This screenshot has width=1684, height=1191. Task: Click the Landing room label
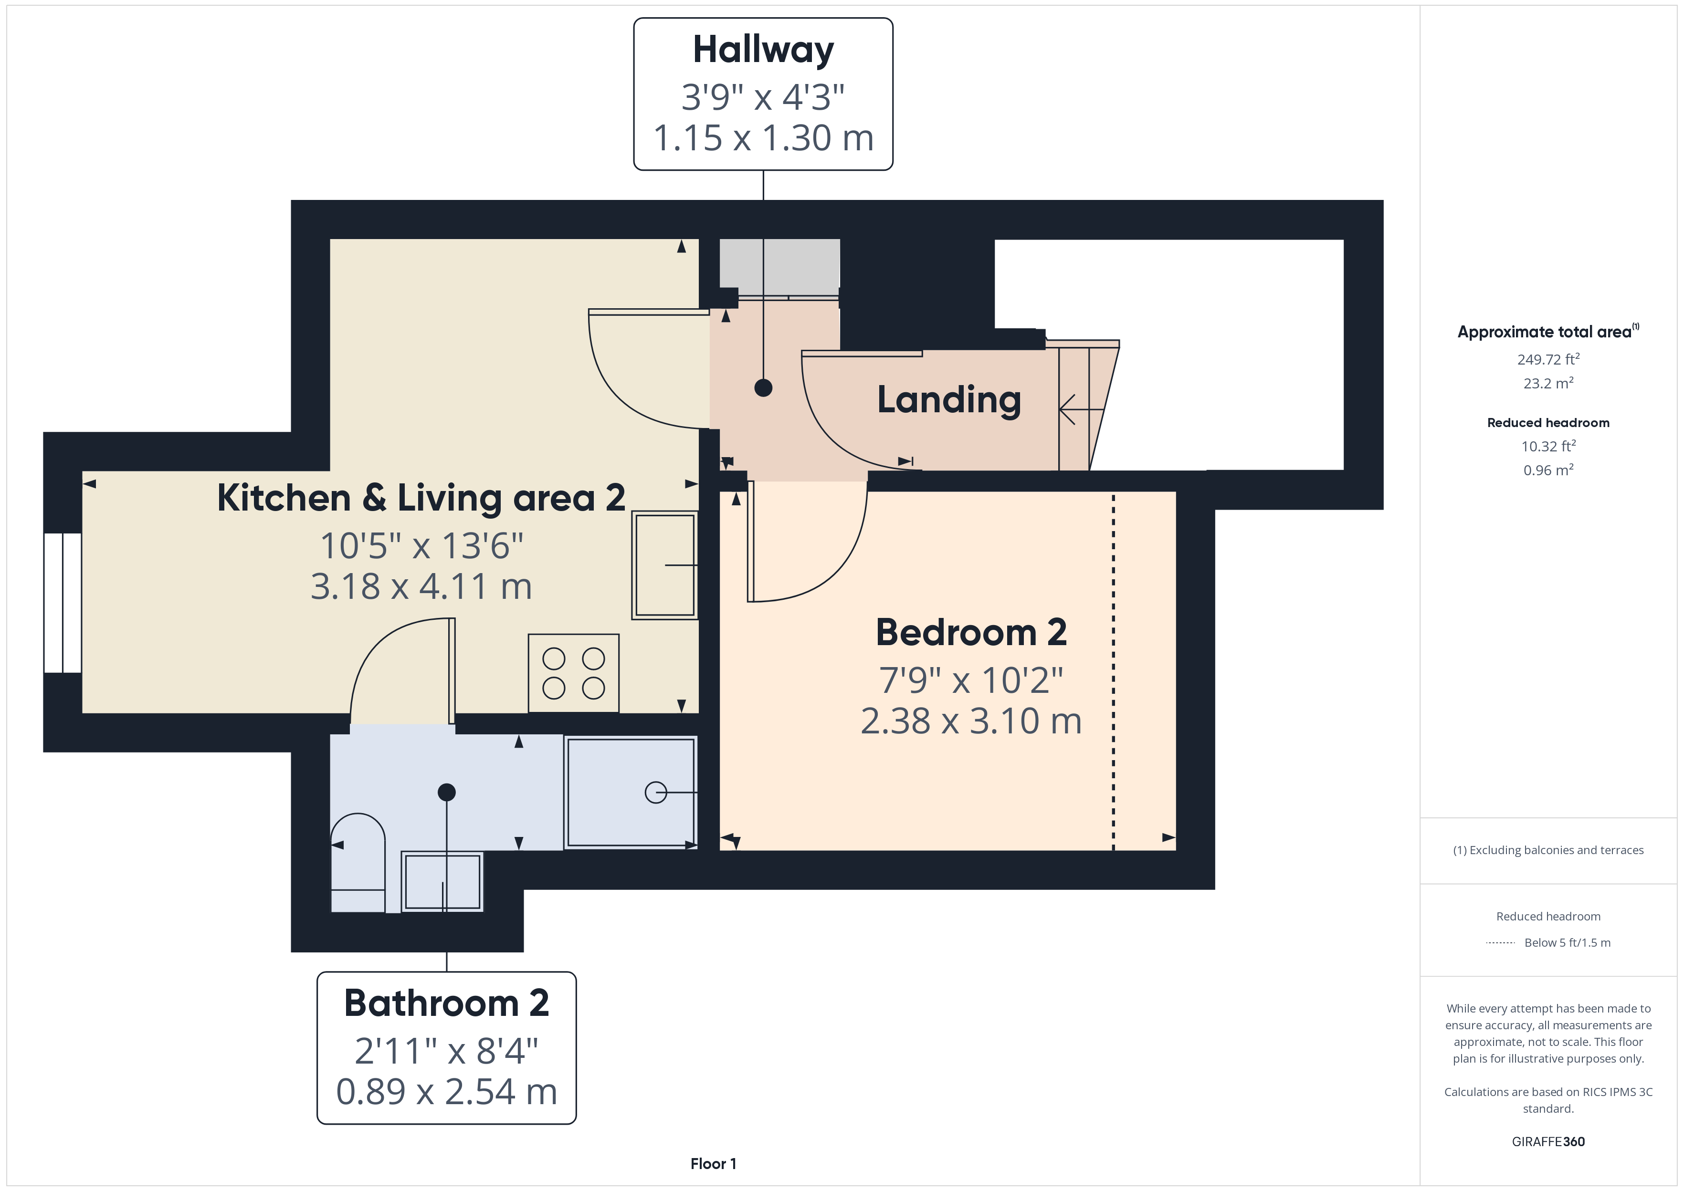(949, 400)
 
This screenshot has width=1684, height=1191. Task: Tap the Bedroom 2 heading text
(971, 632)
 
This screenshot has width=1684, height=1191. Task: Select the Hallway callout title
(764, 51)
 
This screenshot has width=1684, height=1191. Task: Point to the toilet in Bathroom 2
(358, 862)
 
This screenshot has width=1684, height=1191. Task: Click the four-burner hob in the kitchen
(574, 673)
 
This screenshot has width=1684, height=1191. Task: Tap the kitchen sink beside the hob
(664, 564)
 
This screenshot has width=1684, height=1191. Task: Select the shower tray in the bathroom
(631, 792)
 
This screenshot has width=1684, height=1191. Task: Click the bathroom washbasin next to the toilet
(442, 881)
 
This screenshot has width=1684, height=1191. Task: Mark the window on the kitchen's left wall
(63, 603)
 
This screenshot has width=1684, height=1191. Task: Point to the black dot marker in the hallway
(764, 388)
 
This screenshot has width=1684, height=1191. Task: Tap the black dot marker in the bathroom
(447, 792)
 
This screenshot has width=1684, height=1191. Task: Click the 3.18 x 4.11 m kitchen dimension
(421, 587)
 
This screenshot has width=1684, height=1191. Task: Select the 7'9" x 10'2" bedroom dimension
(971, 680)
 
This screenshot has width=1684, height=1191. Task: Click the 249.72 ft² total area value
(1548, 359)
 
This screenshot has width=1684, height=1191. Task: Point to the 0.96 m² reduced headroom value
(1548, 470)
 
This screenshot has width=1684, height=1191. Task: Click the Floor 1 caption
(713, 1164)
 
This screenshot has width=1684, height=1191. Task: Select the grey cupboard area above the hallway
(779, 263)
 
